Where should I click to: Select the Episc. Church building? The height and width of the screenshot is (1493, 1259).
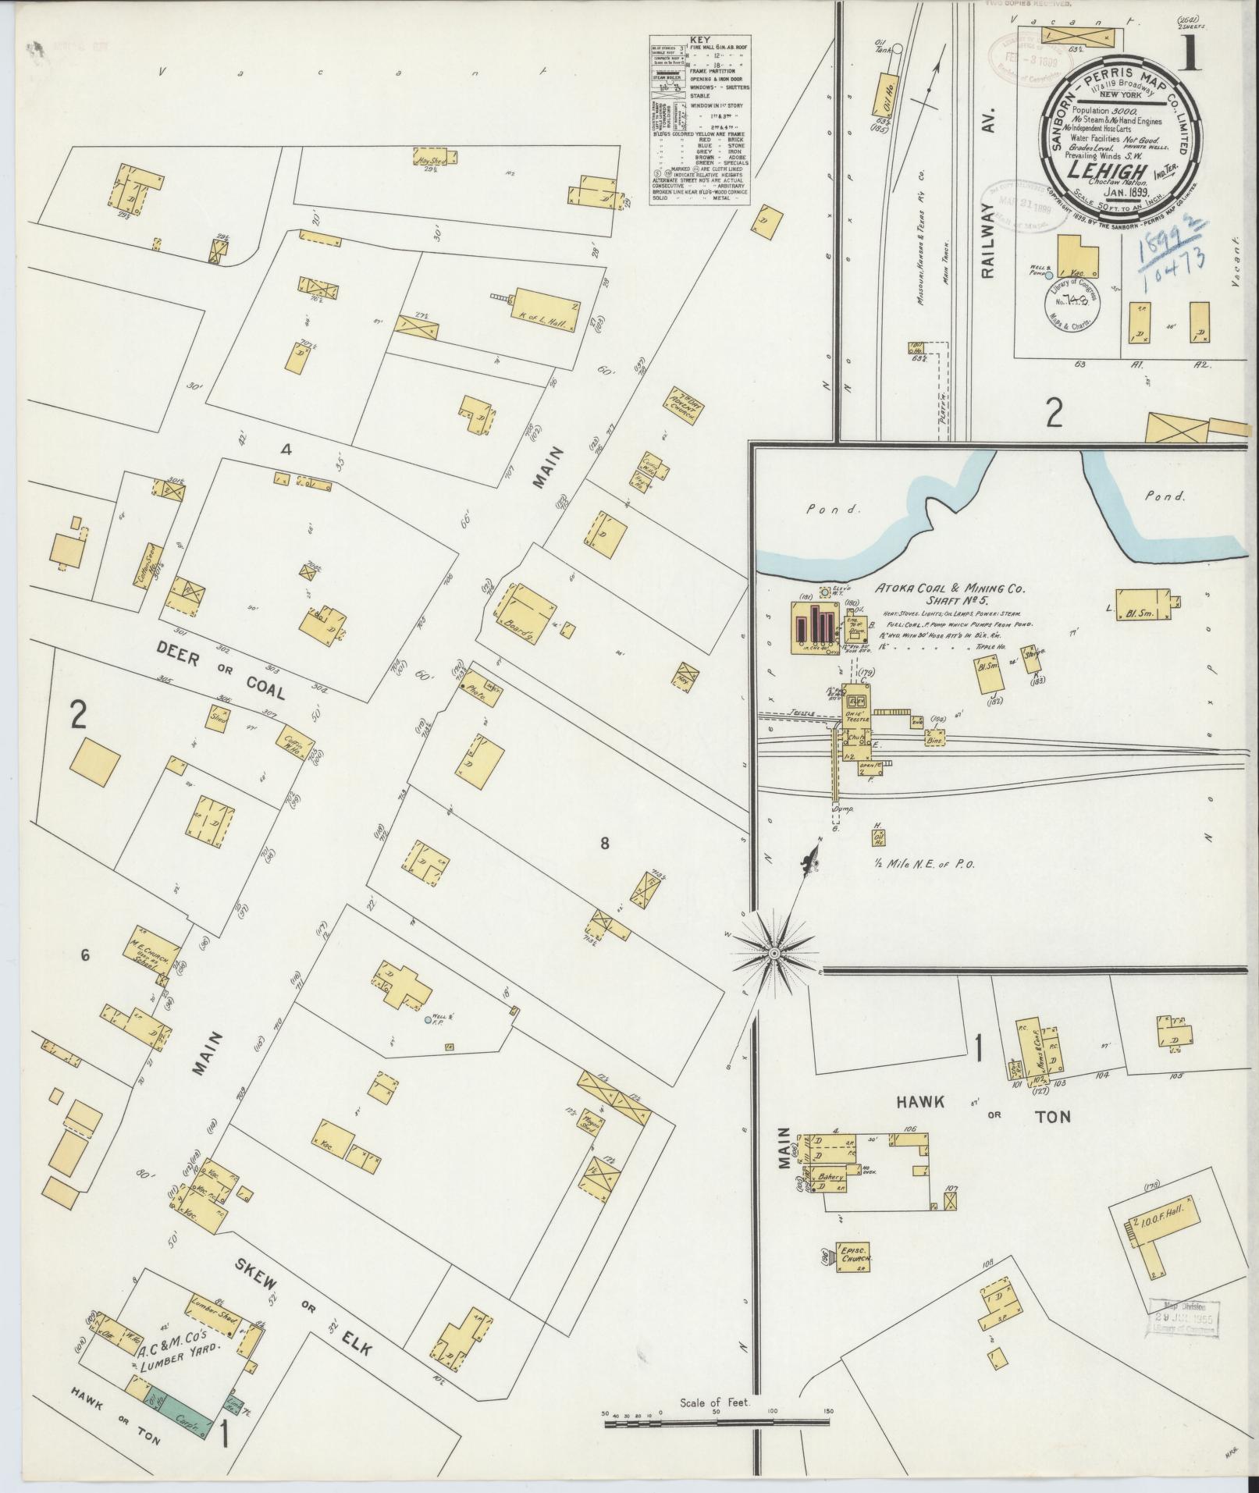click(x=854, y=1259)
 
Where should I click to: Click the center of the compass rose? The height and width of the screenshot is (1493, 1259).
click(x=773, y=954)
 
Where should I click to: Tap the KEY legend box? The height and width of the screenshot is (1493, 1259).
click(x=699, y=120)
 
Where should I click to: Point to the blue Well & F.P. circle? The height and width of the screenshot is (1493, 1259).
click(x=428, y=1019)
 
